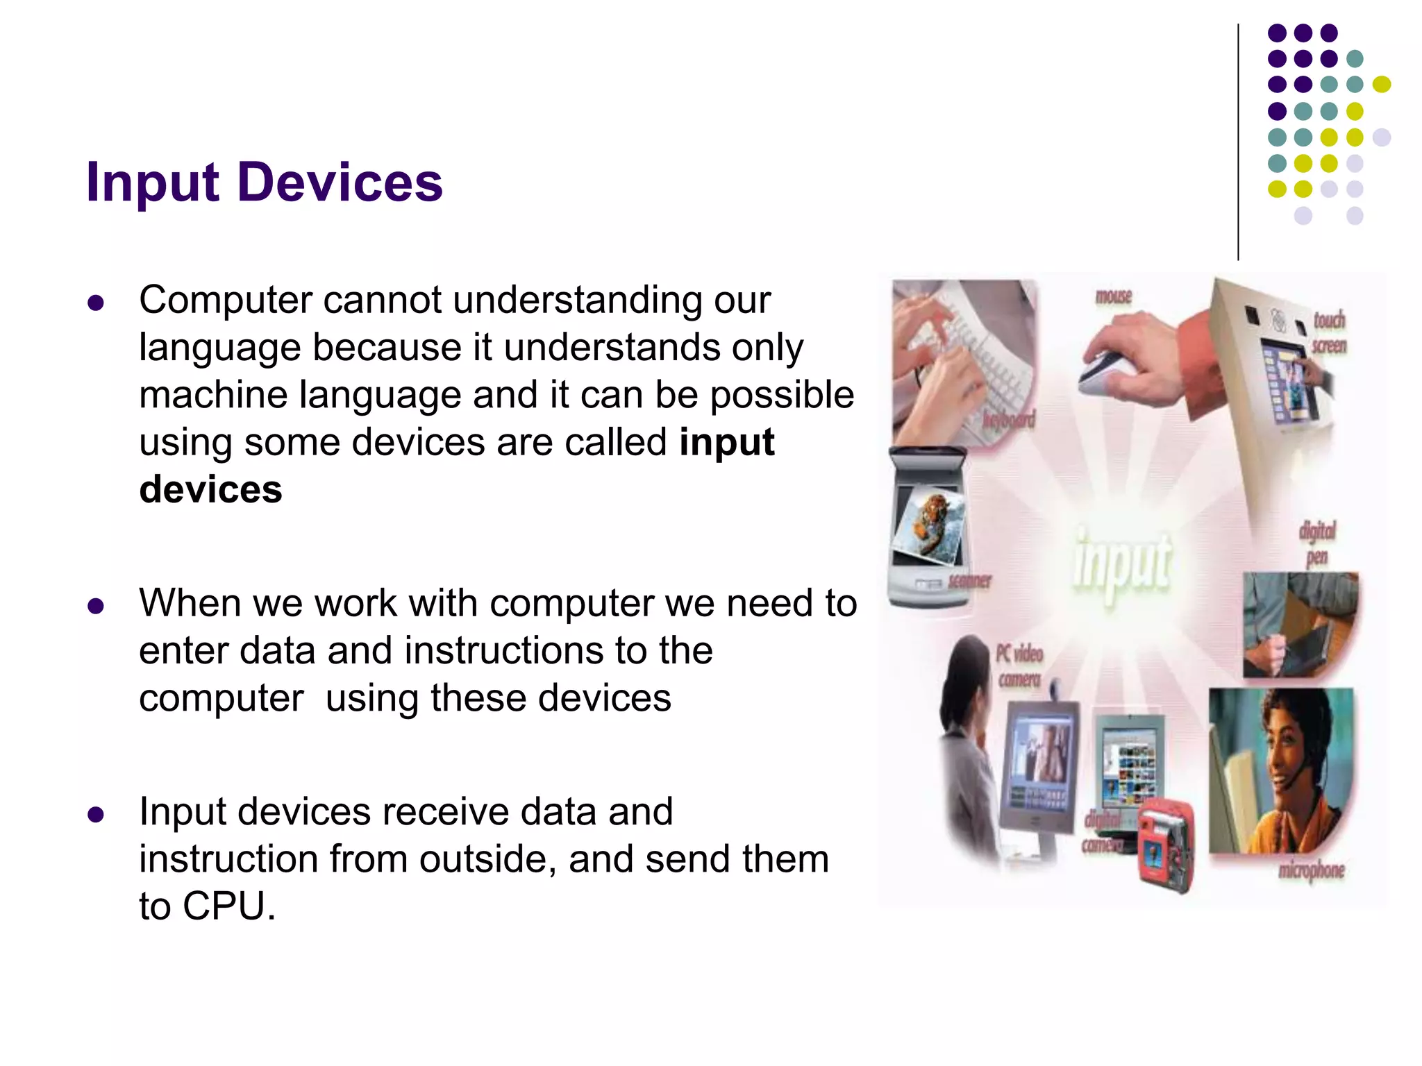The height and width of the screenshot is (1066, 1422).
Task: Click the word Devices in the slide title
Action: point(340,183)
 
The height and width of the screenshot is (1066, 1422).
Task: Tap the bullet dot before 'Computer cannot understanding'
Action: point(96,303)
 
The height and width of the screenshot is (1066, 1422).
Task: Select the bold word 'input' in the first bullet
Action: point(726,443)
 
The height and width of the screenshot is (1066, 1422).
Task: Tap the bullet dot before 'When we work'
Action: point(96,606)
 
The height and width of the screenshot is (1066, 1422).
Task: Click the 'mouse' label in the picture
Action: point(1113,296)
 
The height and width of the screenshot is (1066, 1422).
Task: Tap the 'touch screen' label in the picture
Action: point(1328,332)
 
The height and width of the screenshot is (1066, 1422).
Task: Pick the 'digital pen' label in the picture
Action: point(1316,543)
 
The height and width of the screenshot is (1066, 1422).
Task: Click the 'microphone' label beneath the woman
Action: point(1311,870)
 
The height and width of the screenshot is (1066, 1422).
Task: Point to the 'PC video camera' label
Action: point(1019,666)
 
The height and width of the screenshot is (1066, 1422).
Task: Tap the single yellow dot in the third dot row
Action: point(1381,85)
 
